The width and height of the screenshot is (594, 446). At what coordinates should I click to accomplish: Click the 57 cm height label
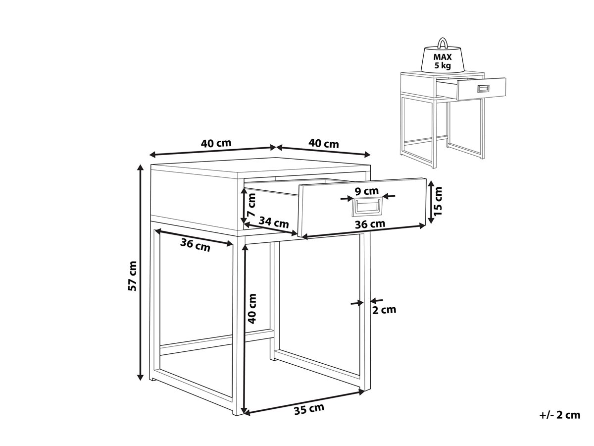pyautogui.click(x=132, y=276)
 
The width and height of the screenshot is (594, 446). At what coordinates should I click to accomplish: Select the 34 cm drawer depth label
pyautogui.click(x=274, y=223)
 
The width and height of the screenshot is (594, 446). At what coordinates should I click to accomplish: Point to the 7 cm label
pyautogui.click(x=251, y=205)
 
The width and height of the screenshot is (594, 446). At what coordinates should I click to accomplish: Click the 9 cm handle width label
pyautogui.click(x=367, y=191)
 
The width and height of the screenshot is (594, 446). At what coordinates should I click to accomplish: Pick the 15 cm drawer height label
pyautogui.click(x=438, y=201)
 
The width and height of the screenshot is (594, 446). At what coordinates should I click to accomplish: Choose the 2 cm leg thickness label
pyautogui.click(x=384, y=310)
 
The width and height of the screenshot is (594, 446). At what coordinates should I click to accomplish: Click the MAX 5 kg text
pyautogui.click(x=443, y=61)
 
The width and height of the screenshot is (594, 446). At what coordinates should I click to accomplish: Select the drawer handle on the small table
pyautogui.click(x=483, y=89)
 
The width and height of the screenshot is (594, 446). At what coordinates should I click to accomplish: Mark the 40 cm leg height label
pyautogui.click(x=252, y=308)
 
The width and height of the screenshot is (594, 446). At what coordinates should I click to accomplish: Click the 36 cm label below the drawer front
pyautogui.click(x=370, y=224)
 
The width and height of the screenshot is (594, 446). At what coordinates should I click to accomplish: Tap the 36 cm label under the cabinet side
pyautogui.click(x=195, y=245)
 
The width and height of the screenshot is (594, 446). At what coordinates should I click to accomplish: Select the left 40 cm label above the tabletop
pyautogui.click(x=216, y=143)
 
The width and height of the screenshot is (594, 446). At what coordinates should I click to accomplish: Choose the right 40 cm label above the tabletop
pyautogui.click(x=324, y=143)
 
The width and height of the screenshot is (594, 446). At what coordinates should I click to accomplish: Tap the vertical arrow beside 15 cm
pyautogui.click(x=431, y=202)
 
